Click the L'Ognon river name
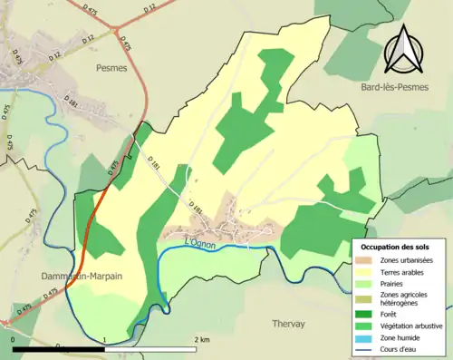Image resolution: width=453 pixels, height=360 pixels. point(203,242)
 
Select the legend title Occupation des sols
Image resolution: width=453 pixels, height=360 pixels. point(396,247)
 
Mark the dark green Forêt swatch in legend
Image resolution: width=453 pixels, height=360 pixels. point(365,315)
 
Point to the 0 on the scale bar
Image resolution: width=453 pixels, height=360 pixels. point(13,340)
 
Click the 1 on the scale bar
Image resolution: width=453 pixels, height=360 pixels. point(105,340)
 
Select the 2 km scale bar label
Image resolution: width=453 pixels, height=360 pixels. point(201,340)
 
